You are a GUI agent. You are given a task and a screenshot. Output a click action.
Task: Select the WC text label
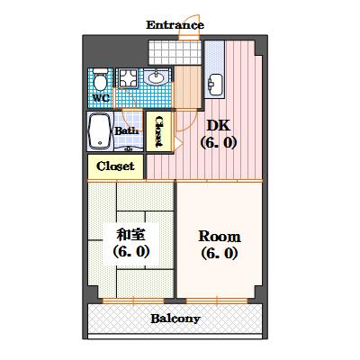click(100, 97)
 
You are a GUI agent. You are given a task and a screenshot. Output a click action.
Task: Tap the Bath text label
click(126, 130)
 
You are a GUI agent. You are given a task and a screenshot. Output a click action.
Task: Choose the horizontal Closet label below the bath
click(115, 166)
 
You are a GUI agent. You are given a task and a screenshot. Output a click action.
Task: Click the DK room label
click(219, 126)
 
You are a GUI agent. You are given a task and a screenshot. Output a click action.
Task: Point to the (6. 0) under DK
click(219, 142)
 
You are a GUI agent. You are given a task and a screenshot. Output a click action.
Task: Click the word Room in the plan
click(219, 236)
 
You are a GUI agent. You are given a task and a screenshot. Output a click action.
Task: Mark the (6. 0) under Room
click(219, 253)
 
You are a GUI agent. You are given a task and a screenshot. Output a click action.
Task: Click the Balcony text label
click(175, 319)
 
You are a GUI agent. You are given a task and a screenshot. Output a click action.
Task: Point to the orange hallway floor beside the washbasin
click(185, 91)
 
